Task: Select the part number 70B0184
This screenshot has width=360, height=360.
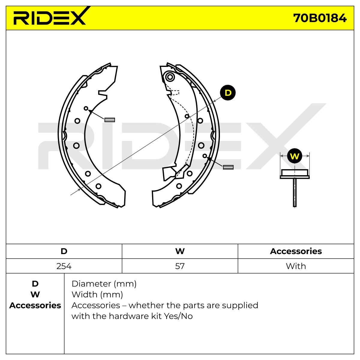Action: point(320,18)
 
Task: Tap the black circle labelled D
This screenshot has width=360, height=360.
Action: point(228,93)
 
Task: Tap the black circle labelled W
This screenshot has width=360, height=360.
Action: point(295,156)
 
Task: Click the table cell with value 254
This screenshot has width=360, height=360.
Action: point(64,266)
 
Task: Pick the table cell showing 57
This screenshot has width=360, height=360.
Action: point(180,266)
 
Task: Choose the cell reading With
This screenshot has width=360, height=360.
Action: point(296,266)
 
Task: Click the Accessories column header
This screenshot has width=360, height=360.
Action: point(296,251)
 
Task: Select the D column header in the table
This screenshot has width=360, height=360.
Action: point(64,251)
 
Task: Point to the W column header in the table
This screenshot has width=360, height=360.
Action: point(180,251)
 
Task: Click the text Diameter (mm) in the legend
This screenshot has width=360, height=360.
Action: point(104,284)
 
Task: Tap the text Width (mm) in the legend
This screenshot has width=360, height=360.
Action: point(97,295)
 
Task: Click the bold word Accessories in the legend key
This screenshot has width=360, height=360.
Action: point(35,305)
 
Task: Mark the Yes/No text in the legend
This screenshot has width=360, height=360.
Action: point(178,316)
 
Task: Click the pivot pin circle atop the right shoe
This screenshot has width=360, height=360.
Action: point(170,77)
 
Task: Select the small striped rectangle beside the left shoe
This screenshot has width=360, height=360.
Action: point(110,120)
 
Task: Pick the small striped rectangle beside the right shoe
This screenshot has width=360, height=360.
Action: point(228,167)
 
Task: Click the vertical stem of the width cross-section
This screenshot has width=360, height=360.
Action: point(295,193)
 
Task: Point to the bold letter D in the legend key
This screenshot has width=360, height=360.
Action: point(35,284)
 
